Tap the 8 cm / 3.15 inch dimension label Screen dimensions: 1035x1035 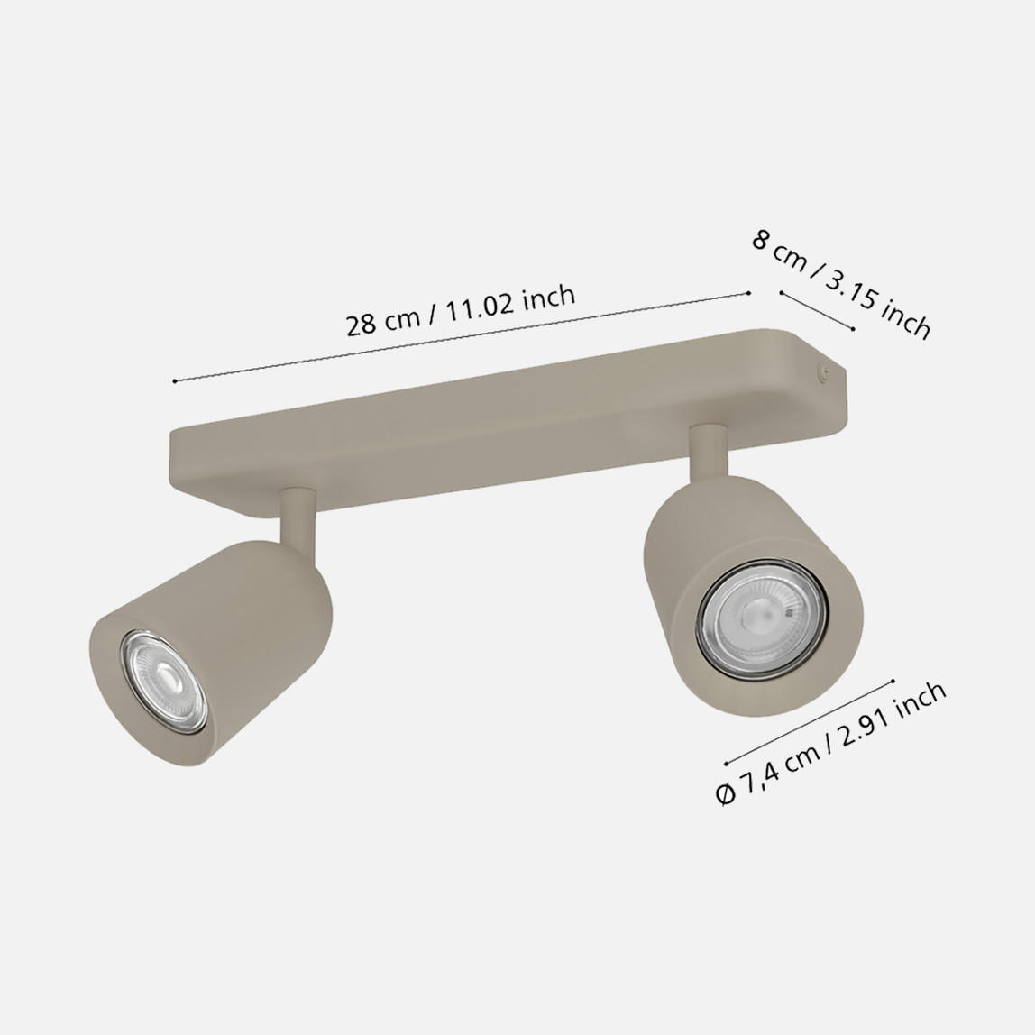[x=841, y=285]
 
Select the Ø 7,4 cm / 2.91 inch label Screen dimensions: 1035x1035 [x=830, y=742]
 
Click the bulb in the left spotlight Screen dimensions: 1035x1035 [x=164, y=682]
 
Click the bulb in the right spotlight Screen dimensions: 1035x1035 [x=762, y=618]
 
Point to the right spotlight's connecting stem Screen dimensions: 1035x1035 [x=709, y=453]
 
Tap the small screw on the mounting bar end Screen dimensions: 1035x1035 [x=823, y=371]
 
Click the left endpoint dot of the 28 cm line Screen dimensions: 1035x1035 [x=174, y=380]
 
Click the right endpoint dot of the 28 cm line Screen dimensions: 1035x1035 [x=748, y=293]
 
